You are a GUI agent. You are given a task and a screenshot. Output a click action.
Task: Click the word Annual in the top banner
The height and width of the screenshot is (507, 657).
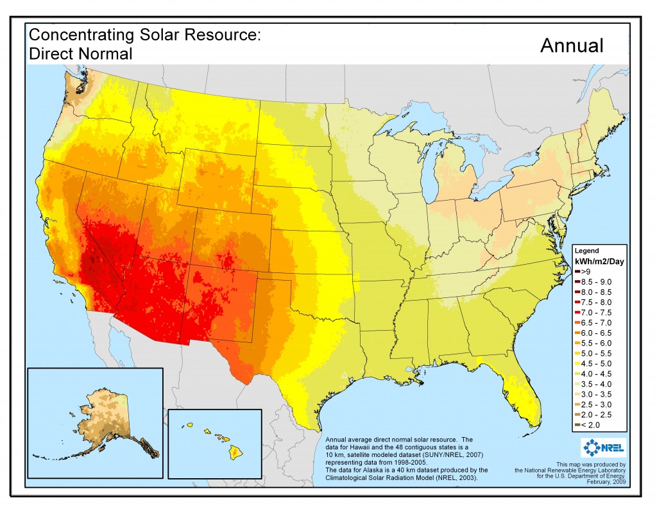(x=572, y=46)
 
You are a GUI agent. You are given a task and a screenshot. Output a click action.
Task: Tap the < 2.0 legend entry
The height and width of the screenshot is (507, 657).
(x=592, y=424)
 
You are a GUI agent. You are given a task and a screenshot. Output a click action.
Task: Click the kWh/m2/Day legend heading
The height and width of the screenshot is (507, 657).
(x=599, y=262)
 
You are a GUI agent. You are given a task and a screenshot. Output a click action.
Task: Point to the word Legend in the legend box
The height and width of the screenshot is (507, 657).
(x=586, y=251)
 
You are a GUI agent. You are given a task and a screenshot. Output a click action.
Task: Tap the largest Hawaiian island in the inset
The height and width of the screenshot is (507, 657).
(x=237, y=453)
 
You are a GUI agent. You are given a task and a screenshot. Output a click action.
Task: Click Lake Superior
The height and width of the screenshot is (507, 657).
(x=411, y=124)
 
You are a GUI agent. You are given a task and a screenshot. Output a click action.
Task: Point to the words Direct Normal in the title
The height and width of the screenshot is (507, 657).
(x=81, y=54)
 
